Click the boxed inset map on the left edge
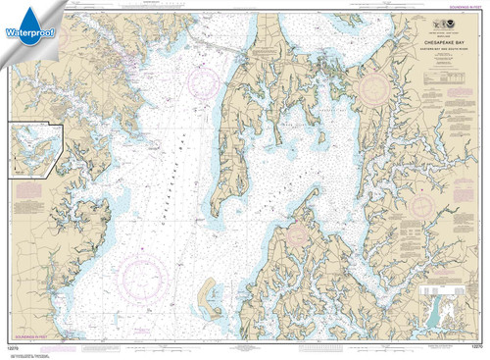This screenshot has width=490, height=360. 35,148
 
